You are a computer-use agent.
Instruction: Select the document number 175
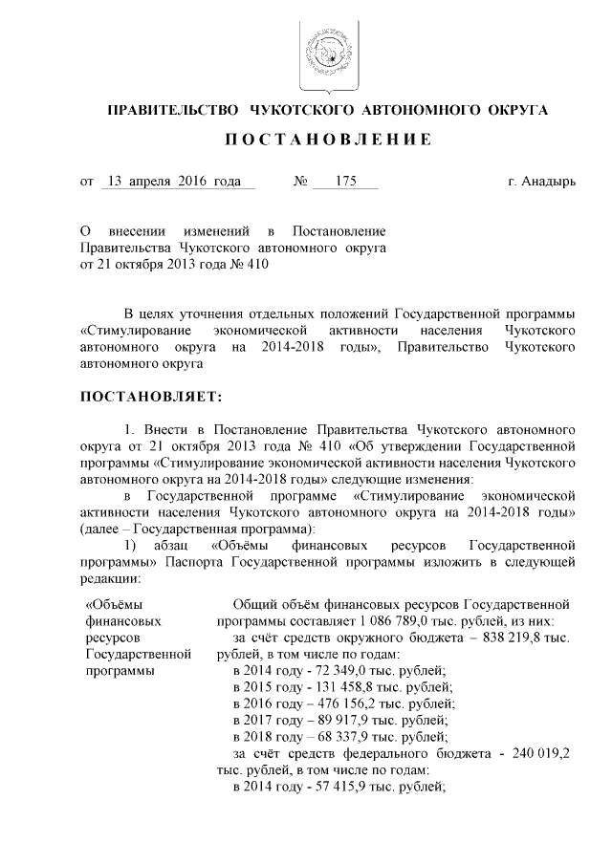(x=332, y=181)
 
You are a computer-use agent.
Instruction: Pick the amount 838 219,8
(x=526, y=638)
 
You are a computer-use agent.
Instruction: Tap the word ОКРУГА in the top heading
(x=515, y=110)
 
